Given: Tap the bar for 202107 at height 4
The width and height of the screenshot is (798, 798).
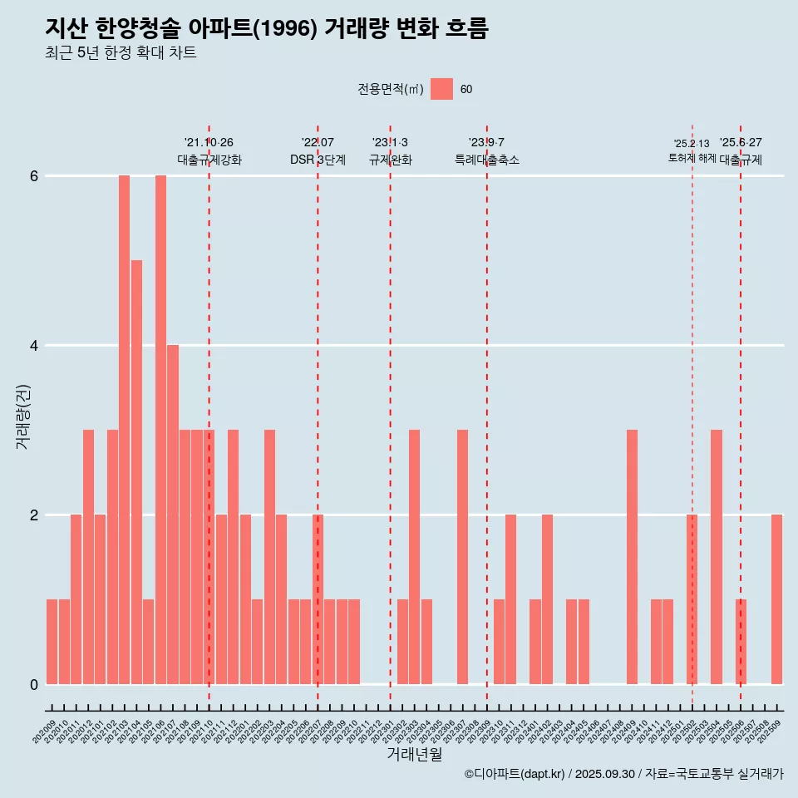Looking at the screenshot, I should click(x=173, y=515).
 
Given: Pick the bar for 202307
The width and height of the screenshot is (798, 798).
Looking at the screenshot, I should click(x=462, y=557).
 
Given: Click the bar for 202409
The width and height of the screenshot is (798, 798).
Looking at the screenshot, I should click(x=632, y=557).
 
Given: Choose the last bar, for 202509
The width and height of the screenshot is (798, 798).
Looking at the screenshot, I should click(x=776, y=599).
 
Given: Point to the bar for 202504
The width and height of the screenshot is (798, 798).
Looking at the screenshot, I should click(x=717, y=557).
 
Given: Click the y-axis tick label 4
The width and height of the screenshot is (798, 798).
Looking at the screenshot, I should click(x=34, y=346).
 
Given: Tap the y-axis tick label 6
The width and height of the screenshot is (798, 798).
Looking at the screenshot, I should click(x=34, y=176).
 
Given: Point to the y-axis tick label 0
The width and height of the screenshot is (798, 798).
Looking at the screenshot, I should click(x=34, y=684).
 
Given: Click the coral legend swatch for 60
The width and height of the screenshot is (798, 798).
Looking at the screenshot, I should click(x=441, y=89).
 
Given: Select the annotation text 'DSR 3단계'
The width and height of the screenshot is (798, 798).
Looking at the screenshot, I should click(x=318, y=160).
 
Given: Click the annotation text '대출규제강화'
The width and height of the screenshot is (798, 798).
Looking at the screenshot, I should click(x=209, y=160).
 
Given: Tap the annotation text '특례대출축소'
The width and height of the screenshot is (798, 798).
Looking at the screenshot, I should click(x=486, y=160).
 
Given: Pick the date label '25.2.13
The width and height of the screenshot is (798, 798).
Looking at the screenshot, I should click(x=692, y=144).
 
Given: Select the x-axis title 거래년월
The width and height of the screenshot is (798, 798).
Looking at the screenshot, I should click(x=414, y=754).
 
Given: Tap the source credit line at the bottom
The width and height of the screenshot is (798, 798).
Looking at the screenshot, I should click(x=623, y=774).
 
